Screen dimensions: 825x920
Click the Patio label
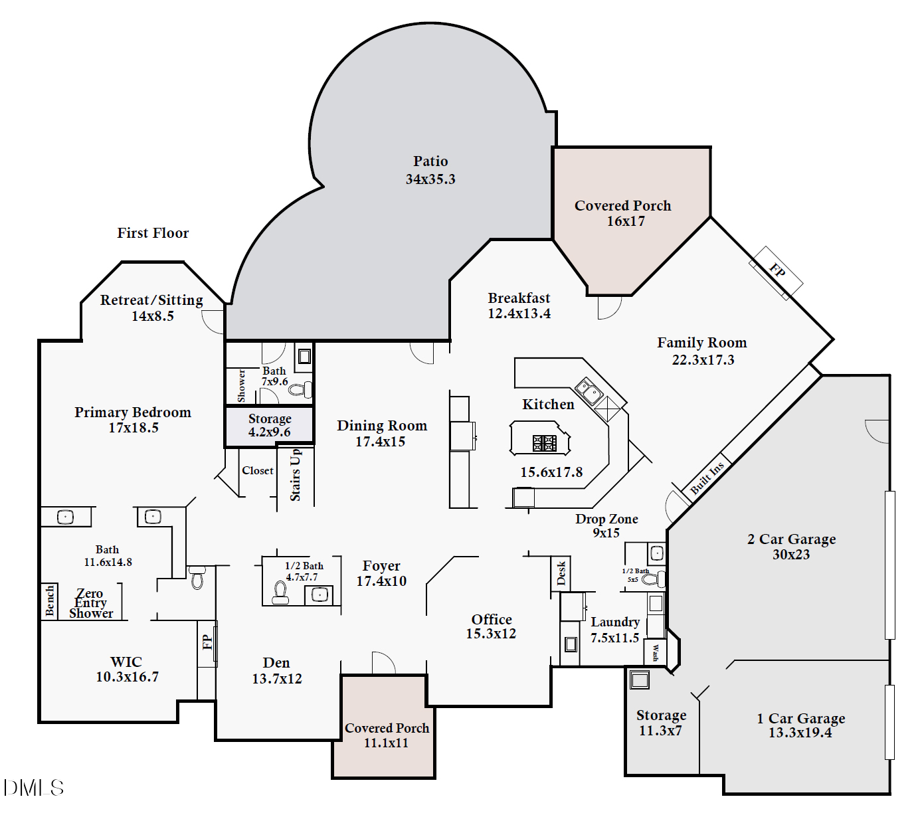[x=430, y=161]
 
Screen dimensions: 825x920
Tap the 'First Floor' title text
[x=153, y=233]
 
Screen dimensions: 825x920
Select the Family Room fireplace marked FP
[x=777, y=272]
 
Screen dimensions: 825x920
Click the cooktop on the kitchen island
[x=545, y=443]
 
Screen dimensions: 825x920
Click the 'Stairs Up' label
[x=296, y=475]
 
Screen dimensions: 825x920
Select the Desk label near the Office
[x=561, y=573]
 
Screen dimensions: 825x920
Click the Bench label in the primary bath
[x=50, y=600]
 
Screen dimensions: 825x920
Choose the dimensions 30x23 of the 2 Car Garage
[x=791, y=555]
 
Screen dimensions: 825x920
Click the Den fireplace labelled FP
[x=207, y=642]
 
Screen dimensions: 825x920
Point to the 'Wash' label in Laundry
[x=655, y=652]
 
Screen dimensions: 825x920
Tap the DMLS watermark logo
[x=34, y=788]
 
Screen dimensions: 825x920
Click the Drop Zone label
[x=606, y=519]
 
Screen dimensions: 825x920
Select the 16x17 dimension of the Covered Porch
[x=626, y=221]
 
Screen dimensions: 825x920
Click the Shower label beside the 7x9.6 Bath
[x=241, y=386]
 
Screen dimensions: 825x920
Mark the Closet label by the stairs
[x=258, y=470]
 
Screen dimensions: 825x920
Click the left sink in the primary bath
[x=65, y=517]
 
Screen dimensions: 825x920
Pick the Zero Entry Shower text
[x=91, y=603]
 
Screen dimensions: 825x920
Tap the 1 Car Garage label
[x=801, y=719]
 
